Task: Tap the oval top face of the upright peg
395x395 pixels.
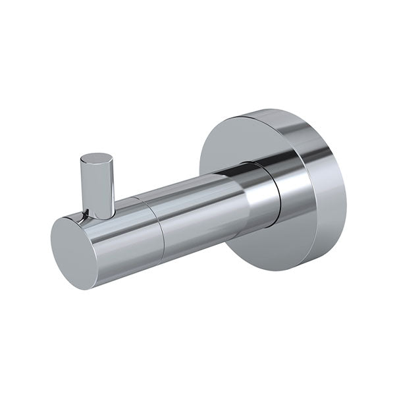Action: point(97,159)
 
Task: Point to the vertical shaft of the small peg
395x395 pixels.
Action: point(97,188)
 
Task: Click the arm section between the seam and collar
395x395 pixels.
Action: point(197,211)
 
